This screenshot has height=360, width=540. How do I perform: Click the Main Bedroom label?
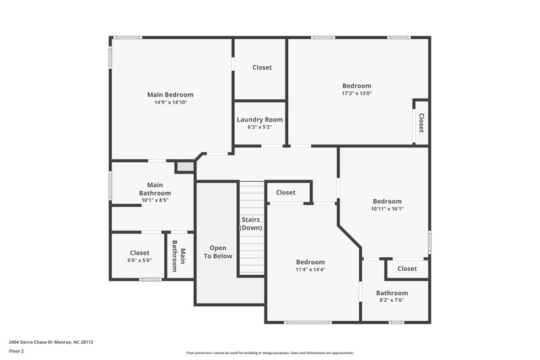point(170,95)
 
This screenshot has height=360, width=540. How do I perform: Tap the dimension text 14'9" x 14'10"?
point(170,103)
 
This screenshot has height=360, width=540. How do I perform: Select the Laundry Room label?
point(260,120)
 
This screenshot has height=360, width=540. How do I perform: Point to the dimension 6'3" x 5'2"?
point(260,127)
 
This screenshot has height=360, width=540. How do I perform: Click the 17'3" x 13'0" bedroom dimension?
point(356,93)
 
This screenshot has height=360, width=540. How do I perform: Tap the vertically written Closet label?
point(421,122)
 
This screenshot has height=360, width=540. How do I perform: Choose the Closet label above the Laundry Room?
point(262,68)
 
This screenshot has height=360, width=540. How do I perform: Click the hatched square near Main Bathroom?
point(184,166)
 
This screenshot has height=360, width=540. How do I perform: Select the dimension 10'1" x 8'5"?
point(155,200)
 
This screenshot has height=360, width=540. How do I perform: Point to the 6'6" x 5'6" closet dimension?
point(140,260)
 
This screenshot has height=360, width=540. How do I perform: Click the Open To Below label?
point(218,251)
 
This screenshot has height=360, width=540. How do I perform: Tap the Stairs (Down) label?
point(251,224)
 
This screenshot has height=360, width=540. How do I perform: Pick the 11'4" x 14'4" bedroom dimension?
point(310,269)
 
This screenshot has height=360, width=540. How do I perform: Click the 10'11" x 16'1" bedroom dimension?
point(387,209)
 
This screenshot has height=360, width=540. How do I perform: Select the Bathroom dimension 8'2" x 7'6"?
point(391,301)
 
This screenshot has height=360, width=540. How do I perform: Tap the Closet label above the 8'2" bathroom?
point(407,269)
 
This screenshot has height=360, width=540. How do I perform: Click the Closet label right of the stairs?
point(286,192)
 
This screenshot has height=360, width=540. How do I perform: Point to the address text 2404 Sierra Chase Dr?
point(51,342)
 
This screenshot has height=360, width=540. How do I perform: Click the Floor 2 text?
point(16,352)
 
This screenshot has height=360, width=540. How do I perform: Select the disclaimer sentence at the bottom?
point(270,353)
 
